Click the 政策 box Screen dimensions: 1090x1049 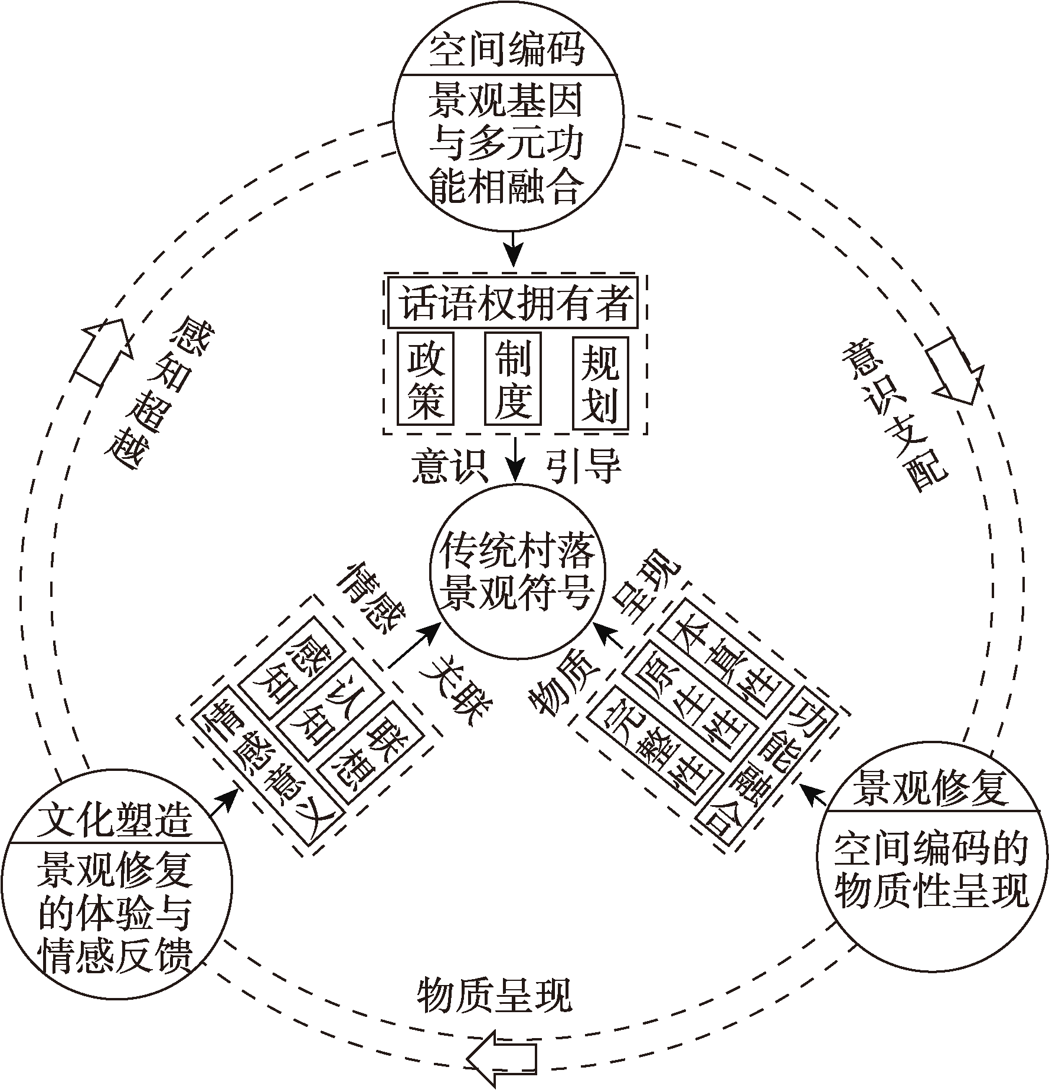pyautogui.click(x=426, y=378)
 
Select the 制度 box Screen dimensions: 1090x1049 pyautogui.click(x=512, y=378)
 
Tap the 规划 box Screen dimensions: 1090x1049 pyautogui.click(x=600, y=378)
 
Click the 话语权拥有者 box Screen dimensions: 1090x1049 pyautogui.click(x=512, y=303)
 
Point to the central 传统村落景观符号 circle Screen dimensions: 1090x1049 pyautogui.click(x=517, y=570)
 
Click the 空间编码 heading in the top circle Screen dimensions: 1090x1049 pyautogui.click(x=507, y=50)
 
